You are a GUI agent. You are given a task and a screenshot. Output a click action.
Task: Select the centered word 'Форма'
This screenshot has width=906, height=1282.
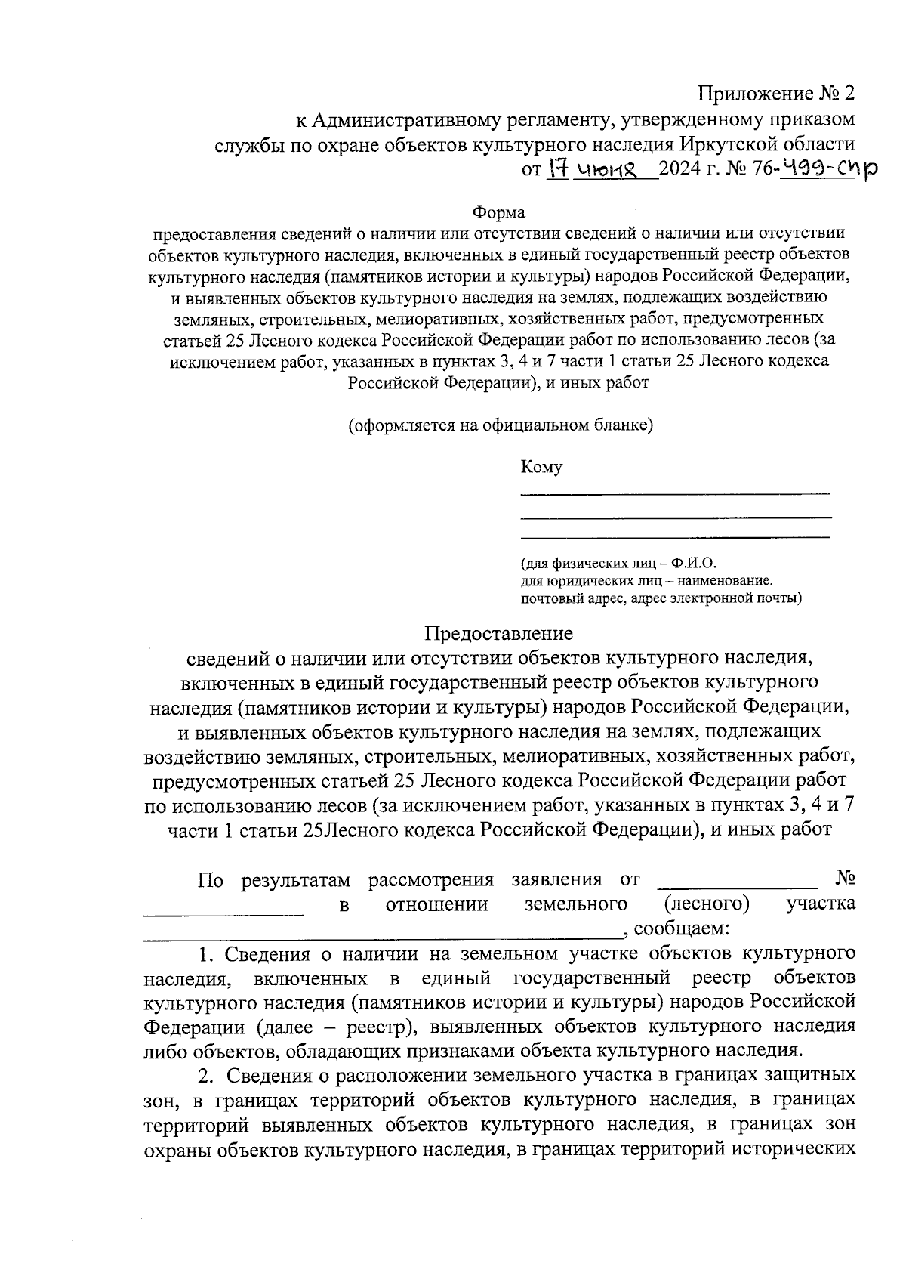pyautogui.click(x=498, y=212)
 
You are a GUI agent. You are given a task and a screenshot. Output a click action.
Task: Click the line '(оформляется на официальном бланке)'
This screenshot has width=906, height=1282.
pyautogui.click(x=500, y=425)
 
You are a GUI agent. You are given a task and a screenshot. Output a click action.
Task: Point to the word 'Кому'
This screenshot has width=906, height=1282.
pyautogui.click(x=541, y=467)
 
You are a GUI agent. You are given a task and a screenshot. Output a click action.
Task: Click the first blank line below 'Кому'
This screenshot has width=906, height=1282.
pyautogui.click(x=675, y=493)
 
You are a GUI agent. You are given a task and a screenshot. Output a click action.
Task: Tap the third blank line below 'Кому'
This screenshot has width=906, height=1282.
pyautogui.click(x=675, y=536)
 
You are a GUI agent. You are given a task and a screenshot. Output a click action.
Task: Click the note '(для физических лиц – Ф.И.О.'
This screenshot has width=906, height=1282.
pyautogui.click(x=618, y=564)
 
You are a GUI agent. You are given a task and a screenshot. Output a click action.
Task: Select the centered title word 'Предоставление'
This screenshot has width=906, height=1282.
pyautogui.click(x=498, y=633)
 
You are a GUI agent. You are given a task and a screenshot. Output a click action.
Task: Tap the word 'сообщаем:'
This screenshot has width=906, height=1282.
pyautogui.click(x=681, y=927)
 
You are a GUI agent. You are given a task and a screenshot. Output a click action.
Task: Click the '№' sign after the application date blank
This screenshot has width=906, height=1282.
pyautogui.click(x=846, y=879)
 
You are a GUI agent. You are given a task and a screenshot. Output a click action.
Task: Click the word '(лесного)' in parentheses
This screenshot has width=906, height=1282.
pyautogui.click(x=707, y=903)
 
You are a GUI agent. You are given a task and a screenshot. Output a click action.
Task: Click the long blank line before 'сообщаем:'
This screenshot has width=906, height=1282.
pyautogui.click(x=382, y=934)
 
